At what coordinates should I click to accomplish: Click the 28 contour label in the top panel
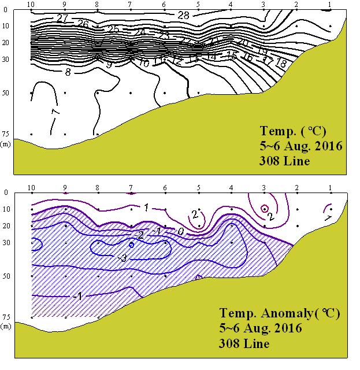click(183, 16)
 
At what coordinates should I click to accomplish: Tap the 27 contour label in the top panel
click(63, 18)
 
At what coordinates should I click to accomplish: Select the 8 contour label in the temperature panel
click(68, 72)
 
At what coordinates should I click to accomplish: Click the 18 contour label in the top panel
click(281, 64)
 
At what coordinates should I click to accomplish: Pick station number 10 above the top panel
click(31, 4)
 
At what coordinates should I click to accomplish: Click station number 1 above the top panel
click(329, 4)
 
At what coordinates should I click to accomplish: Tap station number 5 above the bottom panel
click(198, 187)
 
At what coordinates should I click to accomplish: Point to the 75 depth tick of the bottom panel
click(5, 317)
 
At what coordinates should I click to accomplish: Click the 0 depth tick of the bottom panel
click(6, 193)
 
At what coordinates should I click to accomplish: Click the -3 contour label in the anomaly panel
click(122, 257)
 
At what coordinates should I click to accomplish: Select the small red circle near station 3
click(265, 209)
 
